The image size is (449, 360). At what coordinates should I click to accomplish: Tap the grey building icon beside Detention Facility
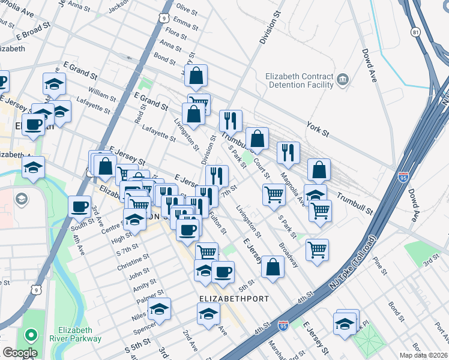click(343, 79)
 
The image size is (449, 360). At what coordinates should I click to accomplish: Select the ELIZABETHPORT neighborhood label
click(234, 298)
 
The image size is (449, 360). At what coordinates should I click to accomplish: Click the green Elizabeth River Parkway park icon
click(29, 334)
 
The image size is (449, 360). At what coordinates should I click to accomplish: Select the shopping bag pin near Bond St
click(196, 76)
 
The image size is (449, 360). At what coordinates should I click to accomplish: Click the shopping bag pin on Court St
click(258, 139)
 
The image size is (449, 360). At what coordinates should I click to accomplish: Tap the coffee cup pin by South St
click(79, 207)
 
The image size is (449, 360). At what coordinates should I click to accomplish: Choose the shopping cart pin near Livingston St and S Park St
click(274, 194)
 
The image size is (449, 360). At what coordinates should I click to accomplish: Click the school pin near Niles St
click(159, 309)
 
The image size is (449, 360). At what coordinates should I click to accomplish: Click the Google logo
click(20, 353)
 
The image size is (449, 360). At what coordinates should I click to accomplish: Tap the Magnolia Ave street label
click(295, 183)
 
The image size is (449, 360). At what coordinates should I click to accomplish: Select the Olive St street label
click(186, 11)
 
